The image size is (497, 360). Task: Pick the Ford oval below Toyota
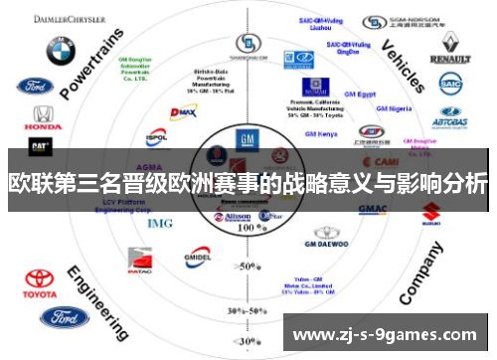(64, 318)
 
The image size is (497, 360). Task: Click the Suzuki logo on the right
(430, 211)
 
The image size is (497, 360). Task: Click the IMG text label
(159, 223)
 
